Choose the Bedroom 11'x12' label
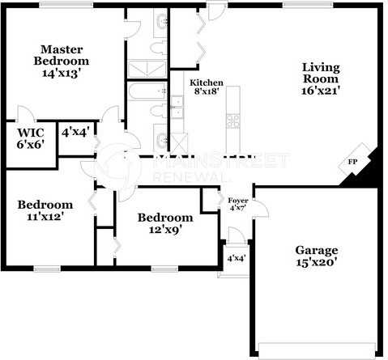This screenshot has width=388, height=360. point(45,210)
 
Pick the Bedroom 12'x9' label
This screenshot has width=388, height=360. point(165,222)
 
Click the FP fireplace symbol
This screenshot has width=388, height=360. point(352,162)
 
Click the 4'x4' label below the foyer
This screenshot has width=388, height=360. point(237,259)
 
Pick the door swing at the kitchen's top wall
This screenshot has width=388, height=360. point(215,12)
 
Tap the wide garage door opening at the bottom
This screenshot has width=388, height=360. point(317,349)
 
